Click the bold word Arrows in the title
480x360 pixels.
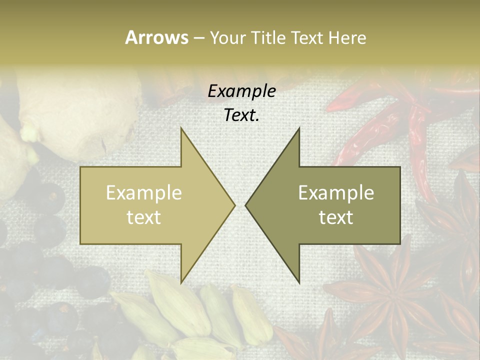156,37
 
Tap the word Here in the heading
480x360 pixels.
347,38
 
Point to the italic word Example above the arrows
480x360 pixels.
241,91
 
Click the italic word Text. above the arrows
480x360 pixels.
241,115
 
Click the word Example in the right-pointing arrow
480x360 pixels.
143,193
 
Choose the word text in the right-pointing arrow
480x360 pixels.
143,217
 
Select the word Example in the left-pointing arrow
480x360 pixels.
336,193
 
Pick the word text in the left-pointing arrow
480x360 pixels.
336,217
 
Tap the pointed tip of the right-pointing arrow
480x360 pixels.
234,205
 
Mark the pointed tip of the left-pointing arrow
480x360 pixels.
246,205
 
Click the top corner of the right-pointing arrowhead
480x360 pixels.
181,128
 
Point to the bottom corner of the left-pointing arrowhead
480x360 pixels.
299,282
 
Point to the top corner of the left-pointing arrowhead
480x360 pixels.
299,128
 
